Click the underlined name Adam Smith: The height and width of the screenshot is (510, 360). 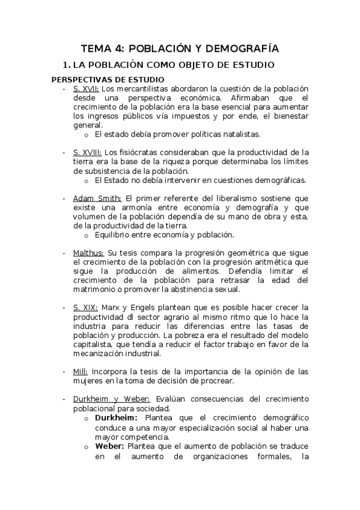point(97,198)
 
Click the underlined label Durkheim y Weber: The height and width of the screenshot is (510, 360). point(113,399)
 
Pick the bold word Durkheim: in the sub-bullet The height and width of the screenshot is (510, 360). point(117,417)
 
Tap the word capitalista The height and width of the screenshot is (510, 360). point(93,344)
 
